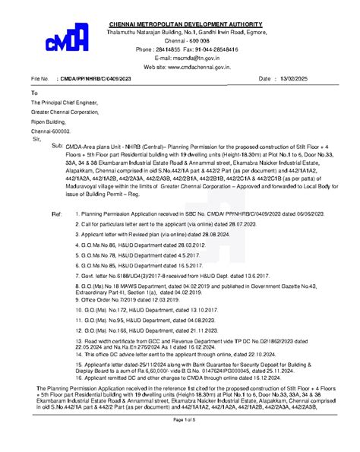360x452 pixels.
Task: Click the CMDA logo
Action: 63,45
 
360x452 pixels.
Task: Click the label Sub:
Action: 56,144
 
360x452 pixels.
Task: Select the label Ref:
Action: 56,215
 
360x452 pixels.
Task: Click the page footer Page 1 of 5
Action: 185,441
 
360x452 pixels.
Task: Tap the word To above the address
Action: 33,91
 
